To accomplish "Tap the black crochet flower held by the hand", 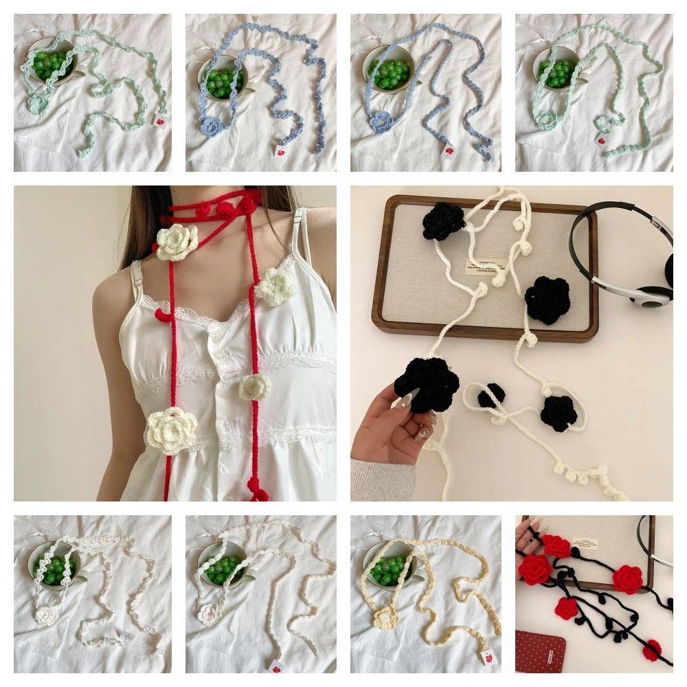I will pos(427,384).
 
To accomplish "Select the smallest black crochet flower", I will pos(491,395).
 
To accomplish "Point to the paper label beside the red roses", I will pos(585,543).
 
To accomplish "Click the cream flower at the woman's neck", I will pos(177,242).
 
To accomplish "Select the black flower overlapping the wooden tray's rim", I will pos(548,300).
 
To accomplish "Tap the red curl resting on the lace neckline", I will pos(163,317).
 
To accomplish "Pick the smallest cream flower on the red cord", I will pos(255,387).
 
